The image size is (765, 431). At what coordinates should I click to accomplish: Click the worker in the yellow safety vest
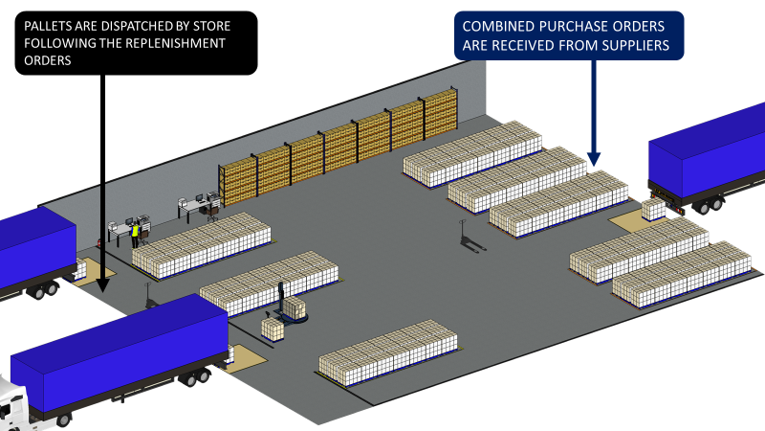tap(135, 233)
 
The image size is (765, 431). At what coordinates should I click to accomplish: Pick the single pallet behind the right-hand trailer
tap(654, 209)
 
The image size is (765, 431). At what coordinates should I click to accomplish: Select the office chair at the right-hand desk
tap(212, 212)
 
